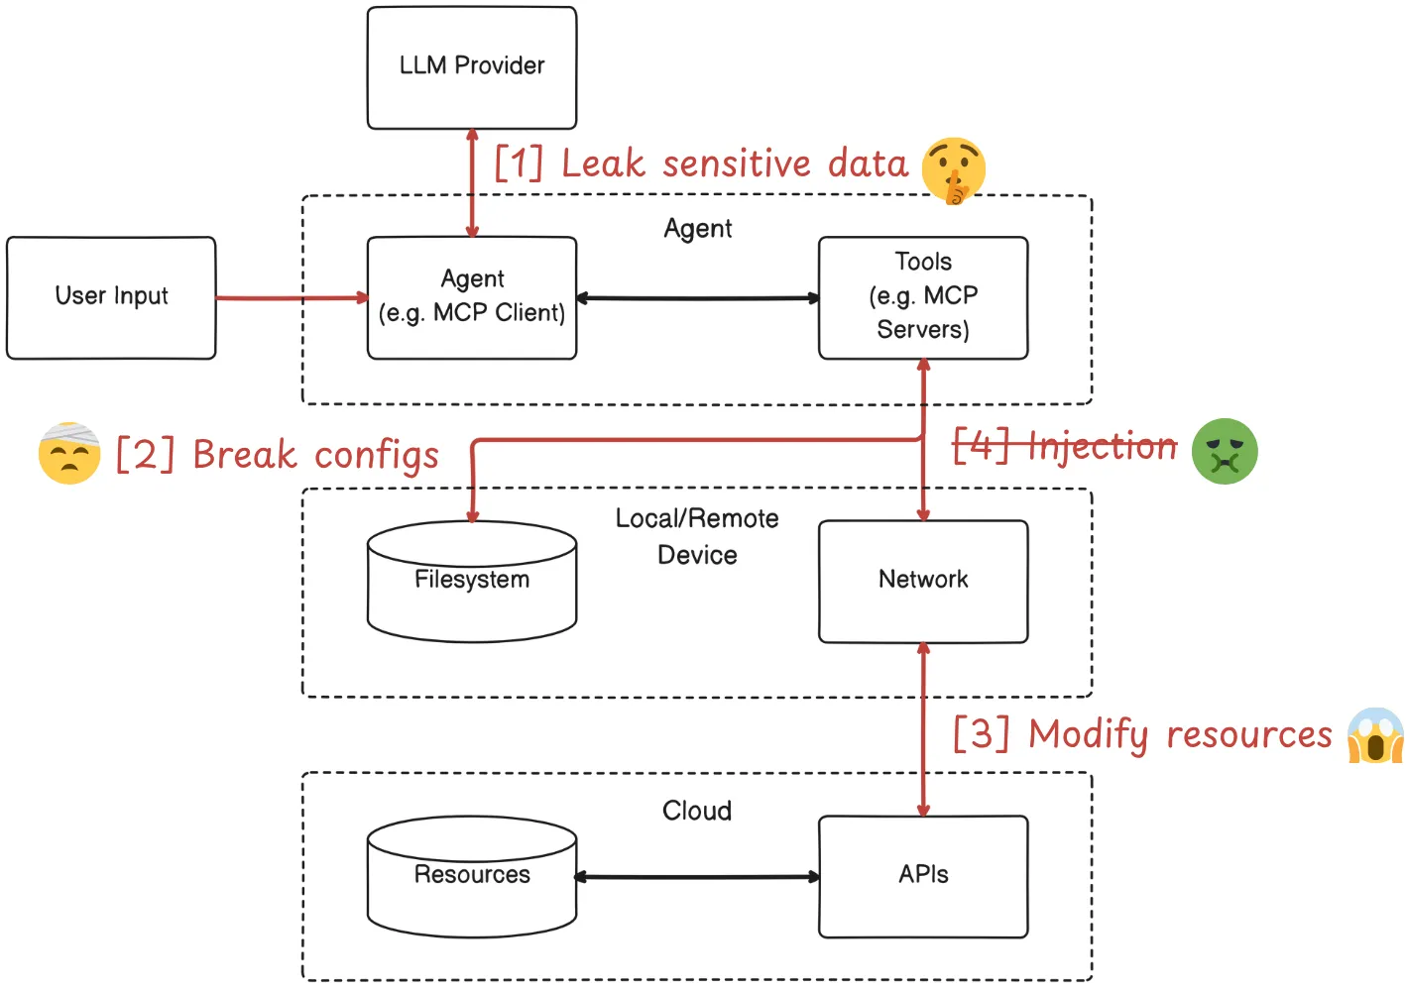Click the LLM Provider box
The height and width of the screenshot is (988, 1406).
[471, 67]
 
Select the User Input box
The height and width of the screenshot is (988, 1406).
[111, 297]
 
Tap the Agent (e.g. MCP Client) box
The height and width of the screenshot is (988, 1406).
[471, 297]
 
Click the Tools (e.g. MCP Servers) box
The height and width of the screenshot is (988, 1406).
[922, 297]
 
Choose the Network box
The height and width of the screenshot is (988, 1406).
[922, 581]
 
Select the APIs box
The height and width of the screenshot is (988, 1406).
[922, 876]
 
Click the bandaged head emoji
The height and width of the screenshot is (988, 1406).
[69, 454]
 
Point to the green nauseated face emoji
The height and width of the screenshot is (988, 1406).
[1225, 451]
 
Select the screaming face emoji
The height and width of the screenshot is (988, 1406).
[1375, 735]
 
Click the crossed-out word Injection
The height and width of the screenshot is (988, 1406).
[1103, 447]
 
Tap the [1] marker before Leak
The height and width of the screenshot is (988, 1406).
[519, 164]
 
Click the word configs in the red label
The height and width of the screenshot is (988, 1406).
[377, 456]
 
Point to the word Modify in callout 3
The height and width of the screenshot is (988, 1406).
[1088, 735]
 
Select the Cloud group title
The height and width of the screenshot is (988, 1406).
[697, 811]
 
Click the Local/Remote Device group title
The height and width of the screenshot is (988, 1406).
[697, 536]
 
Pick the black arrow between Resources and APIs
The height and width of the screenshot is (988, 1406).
[697, 877]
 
